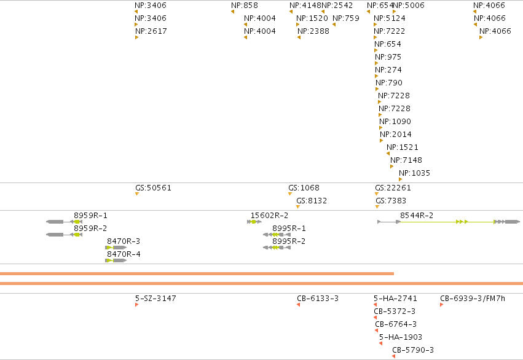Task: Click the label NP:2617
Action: (x=151, y=31)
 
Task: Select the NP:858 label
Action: (x=245, y=6)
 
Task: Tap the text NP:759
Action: (x=346, y=18)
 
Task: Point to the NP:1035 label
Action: (x=415, y=173)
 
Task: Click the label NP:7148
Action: (x=406, y=160)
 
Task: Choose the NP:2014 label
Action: (x=396, y=135)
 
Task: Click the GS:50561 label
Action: (x=153, y=187)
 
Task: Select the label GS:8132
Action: (x=312, y=201)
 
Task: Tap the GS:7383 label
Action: (x=391, y=201)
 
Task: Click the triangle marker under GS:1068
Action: (x=290, y=194)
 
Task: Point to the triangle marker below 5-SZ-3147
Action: (x=137, y=305)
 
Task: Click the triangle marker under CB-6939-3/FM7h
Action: (x=442, y=305)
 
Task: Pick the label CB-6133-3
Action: (x=318, y=299)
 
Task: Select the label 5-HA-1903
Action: (x=401, y=337)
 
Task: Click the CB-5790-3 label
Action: (x=413, y=350)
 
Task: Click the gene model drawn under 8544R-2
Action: (x=449, y=222)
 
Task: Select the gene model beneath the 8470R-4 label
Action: (x=116, y=260)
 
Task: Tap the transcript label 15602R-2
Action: (x=270, y=216)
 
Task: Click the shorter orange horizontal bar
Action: (x=197, y=273)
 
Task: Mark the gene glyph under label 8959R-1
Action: (x=64, y=222)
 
